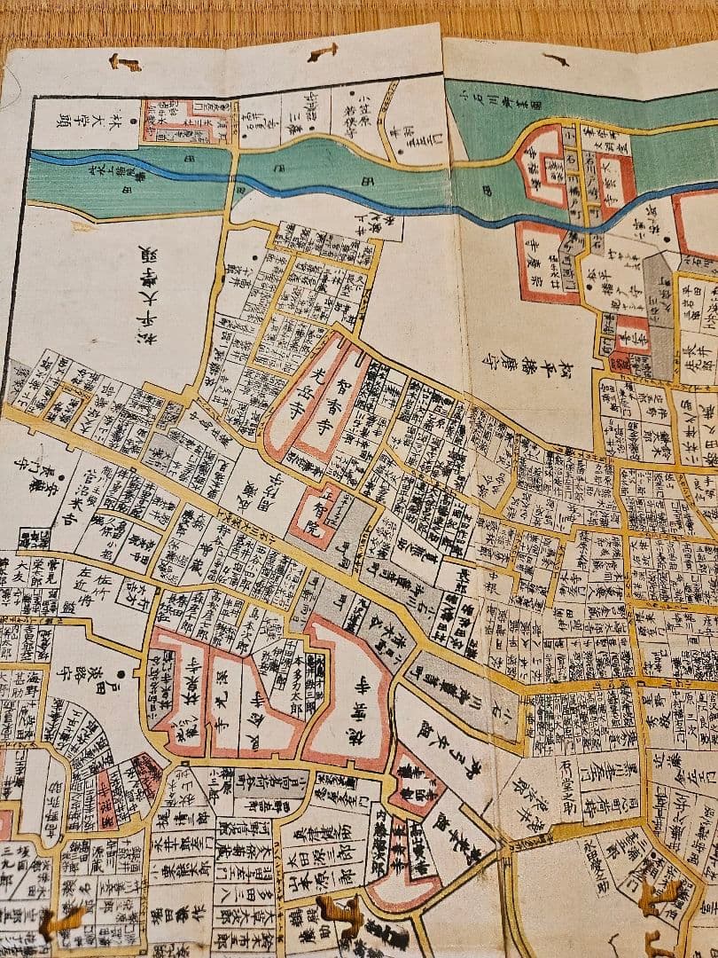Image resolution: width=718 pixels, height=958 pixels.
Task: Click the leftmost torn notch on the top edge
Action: [x=124, y=62]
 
